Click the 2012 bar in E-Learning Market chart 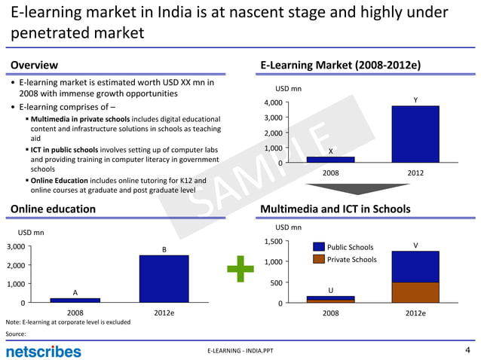(x=415, y=134)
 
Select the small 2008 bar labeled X (x=330, y=159)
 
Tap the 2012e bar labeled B (x=164, y=279)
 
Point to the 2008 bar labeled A (x=75, y=300)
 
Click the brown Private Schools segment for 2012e (x=415, y=292)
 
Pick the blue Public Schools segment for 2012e (x=415, y=267)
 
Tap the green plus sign (x=240, y=268)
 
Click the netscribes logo (x=43, y=351)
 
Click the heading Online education (x=53, y=209)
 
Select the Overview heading (x=33, y=66)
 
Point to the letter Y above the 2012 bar (x=415, y=100)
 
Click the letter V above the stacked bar (x=415, y=245)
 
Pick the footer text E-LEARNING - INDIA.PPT (x=242, y=352)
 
